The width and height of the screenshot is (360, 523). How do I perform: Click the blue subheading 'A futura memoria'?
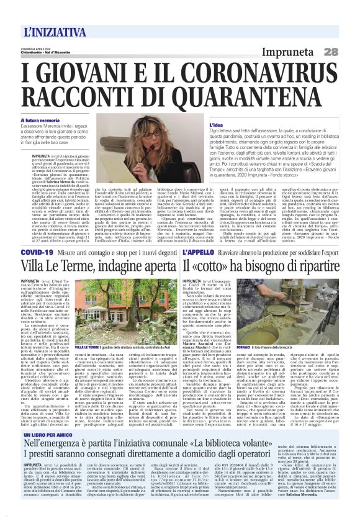coord(42,121)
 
